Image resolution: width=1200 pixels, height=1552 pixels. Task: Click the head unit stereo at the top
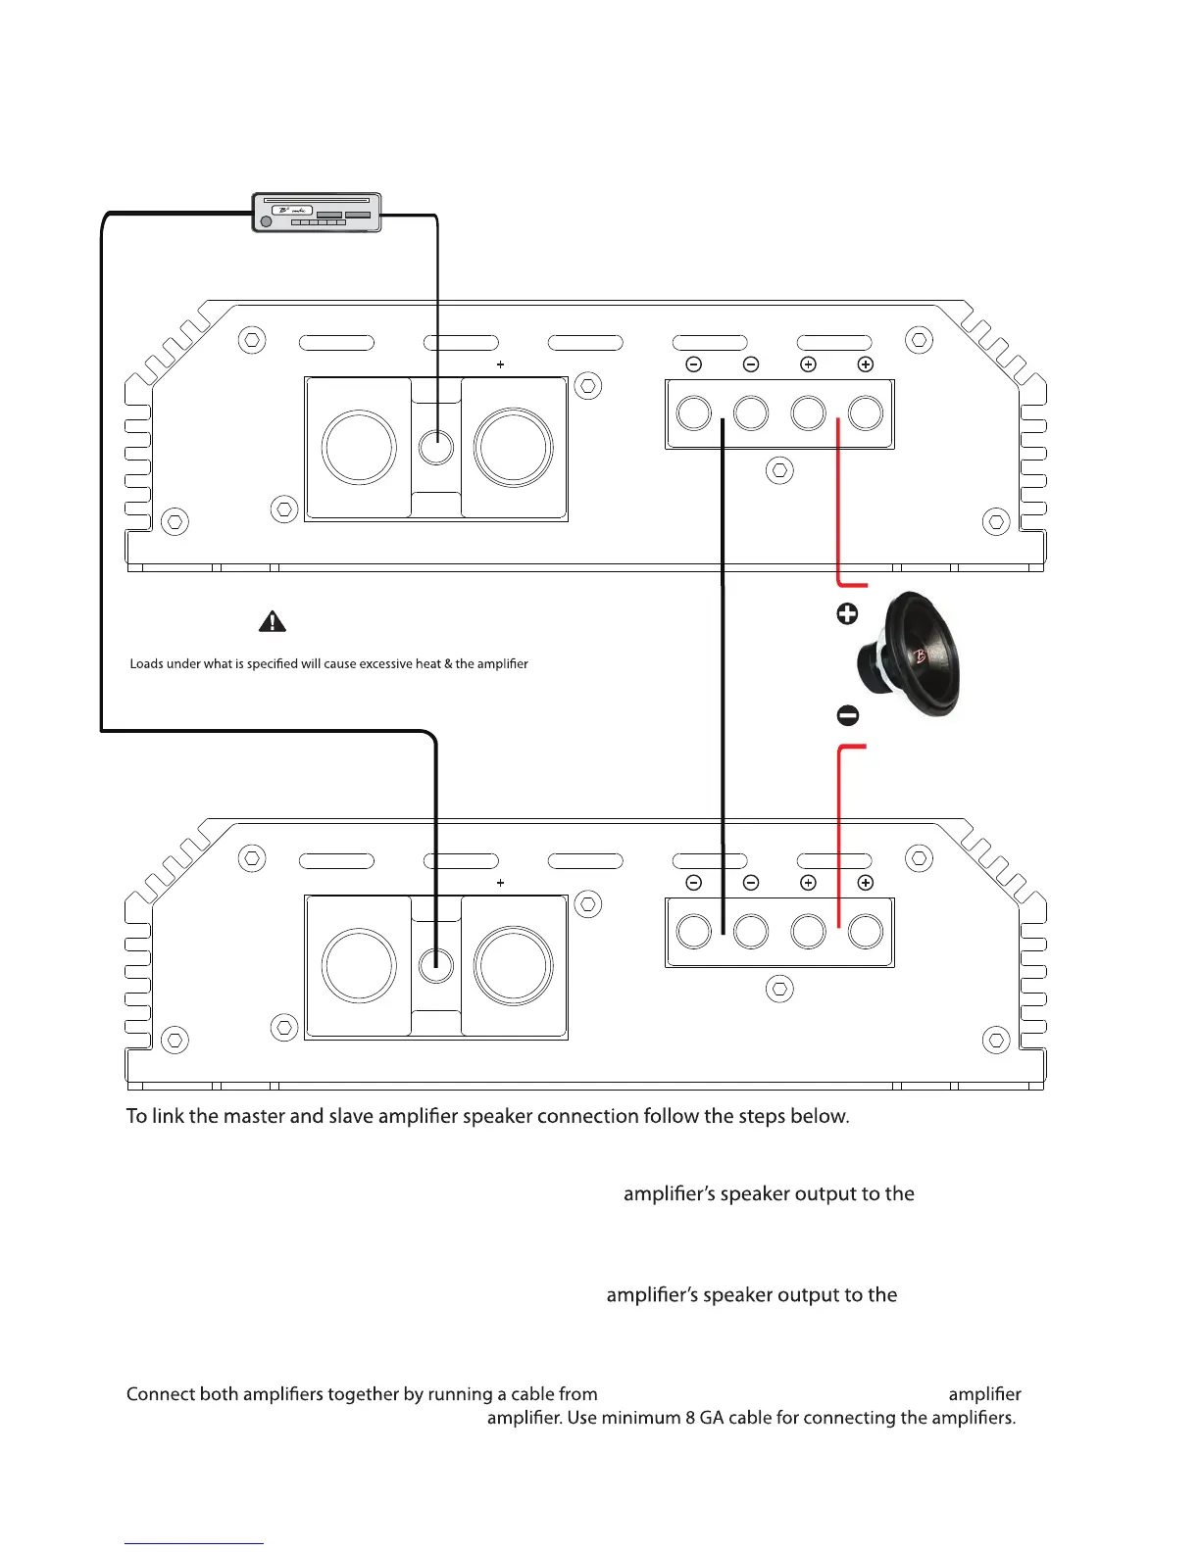[x=317, y=213]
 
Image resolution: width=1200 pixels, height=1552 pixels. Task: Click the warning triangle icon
[x=272, y=621]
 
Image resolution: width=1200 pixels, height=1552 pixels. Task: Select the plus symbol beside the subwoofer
[x=847, y=613]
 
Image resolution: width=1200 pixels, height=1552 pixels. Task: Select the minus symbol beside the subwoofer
[x=848, y=716]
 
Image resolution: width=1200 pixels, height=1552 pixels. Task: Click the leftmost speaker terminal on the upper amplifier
[x=694, y=412]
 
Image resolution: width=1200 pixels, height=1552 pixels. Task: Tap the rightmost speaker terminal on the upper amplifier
[x=866, y=412]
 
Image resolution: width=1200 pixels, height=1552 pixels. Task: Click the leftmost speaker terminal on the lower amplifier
[x=694, y=931]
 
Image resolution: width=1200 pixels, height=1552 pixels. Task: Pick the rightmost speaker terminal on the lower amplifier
[x=866, y=931]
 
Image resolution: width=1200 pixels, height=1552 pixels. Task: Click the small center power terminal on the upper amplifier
[x=436, y=448]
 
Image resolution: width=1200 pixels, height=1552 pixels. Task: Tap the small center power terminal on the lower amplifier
[x=436, y=966]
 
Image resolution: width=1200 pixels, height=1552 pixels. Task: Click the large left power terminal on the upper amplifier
[x=359, y=448]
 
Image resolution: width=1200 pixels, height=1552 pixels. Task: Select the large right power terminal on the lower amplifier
[x=514, y=966]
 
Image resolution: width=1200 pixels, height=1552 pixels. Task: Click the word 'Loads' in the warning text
[x=146, y=664]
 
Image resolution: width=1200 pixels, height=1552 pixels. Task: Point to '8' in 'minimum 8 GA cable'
[x=690, y=1418]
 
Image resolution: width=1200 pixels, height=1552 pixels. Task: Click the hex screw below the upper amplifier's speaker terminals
[x=779, y=470]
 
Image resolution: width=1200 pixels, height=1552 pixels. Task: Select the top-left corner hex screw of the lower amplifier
[x=252, y=858]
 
